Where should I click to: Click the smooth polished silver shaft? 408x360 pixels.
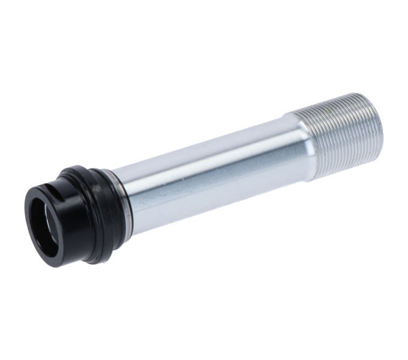210,174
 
